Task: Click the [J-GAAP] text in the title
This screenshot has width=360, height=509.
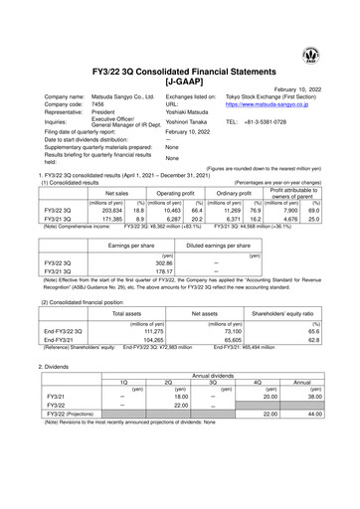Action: point(180,73)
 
